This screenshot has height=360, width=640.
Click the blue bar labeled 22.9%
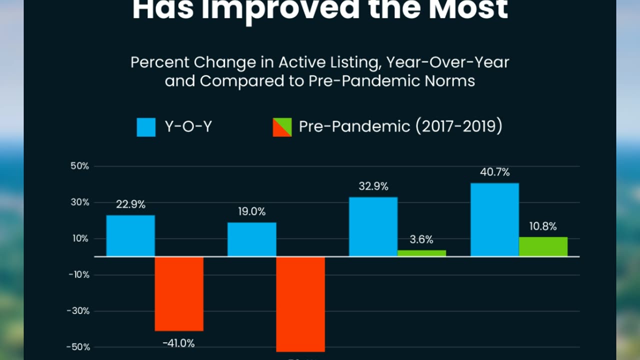coord(130,235)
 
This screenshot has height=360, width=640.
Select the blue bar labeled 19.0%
coord(251,239)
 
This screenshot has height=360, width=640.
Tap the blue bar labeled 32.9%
coord(373,226)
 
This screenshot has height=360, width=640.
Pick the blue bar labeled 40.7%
coord(494,219)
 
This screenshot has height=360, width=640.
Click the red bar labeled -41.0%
coord(179,293)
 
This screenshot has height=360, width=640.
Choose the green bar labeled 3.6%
coord(421,253)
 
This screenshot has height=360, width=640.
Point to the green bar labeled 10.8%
coord(543,246)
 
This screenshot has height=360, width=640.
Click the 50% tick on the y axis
coord(80,166)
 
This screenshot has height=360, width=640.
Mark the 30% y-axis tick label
coord(80,202)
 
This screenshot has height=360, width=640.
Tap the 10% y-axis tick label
coord(80,238)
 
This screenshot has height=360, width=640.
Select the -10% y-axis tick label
coord(78,274)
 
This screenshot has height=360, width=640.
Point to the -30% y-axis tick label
coord(78,310)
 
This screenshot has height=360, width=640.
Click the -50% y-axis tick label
coord(78,347)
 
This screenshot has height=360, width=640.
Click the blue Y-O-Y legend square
coord(146,127)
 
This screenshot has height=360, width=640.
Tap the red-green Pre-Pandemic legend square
coord(282,127)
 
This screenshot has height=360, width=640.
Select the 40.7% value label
coord(494,172)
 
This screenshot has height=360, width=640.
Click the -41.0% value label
coord(178,343)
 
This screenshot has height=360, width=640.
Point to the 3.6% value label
coord(421,239)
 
